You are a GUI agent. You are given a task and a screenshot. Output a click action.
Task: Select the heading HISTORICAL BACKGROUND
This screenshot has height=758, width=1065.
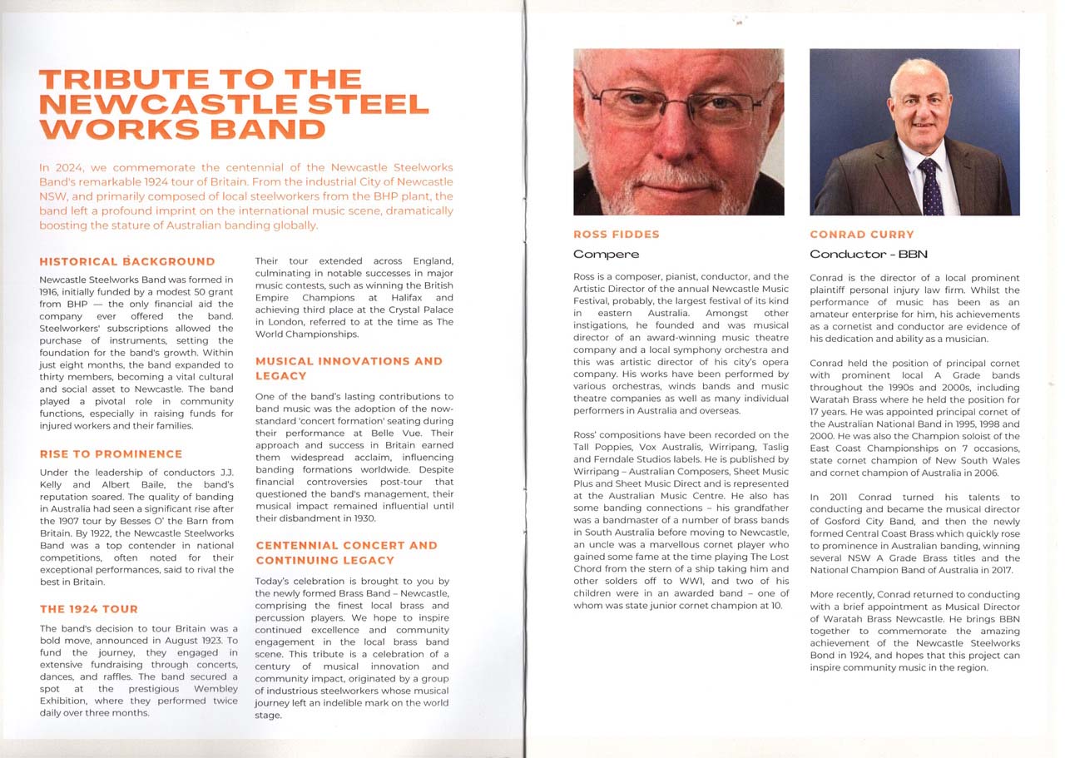tap(126, 261)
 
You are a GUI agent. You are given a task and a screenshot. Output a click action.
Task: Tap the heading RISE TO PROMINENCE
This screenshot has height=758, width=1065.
tap(111, 454)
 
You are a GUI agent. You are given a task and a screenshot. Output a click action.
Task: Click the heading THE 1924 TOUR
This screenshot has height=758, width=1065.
tap(89, 609)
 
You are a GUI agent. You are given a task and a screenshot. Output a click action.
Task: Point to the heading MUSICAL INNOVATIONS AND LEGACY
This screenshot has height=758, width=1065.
tap(349, 369)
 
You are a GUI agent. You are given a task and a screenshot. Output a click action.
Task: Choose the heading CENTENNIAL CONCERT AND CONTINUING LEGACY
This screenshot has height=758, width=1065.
tap(346, 552)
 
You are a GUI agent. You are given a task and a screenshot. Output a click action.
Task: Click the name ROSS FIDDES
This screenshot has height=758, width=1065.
tap(617, 235)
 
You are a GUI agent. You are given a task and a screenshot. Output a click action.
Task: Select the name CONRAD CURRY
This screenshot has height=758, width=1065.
tap(862, 235)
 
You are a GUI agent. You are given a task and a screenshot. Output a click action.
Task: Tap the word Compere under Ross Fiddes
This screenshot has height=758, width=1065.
tap(607, 254)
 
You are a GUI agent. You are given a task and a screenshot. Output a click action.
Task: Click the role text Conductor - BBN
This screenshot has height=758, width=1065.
tap(869, 254)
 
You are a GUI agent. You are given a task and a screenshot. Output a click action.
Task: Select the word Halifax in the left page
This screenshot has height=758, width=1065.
tap(433, 297)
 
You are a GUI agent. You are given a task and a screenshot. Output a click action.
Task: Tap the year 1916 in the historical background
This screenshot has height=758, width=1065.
tap(50, 292)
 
